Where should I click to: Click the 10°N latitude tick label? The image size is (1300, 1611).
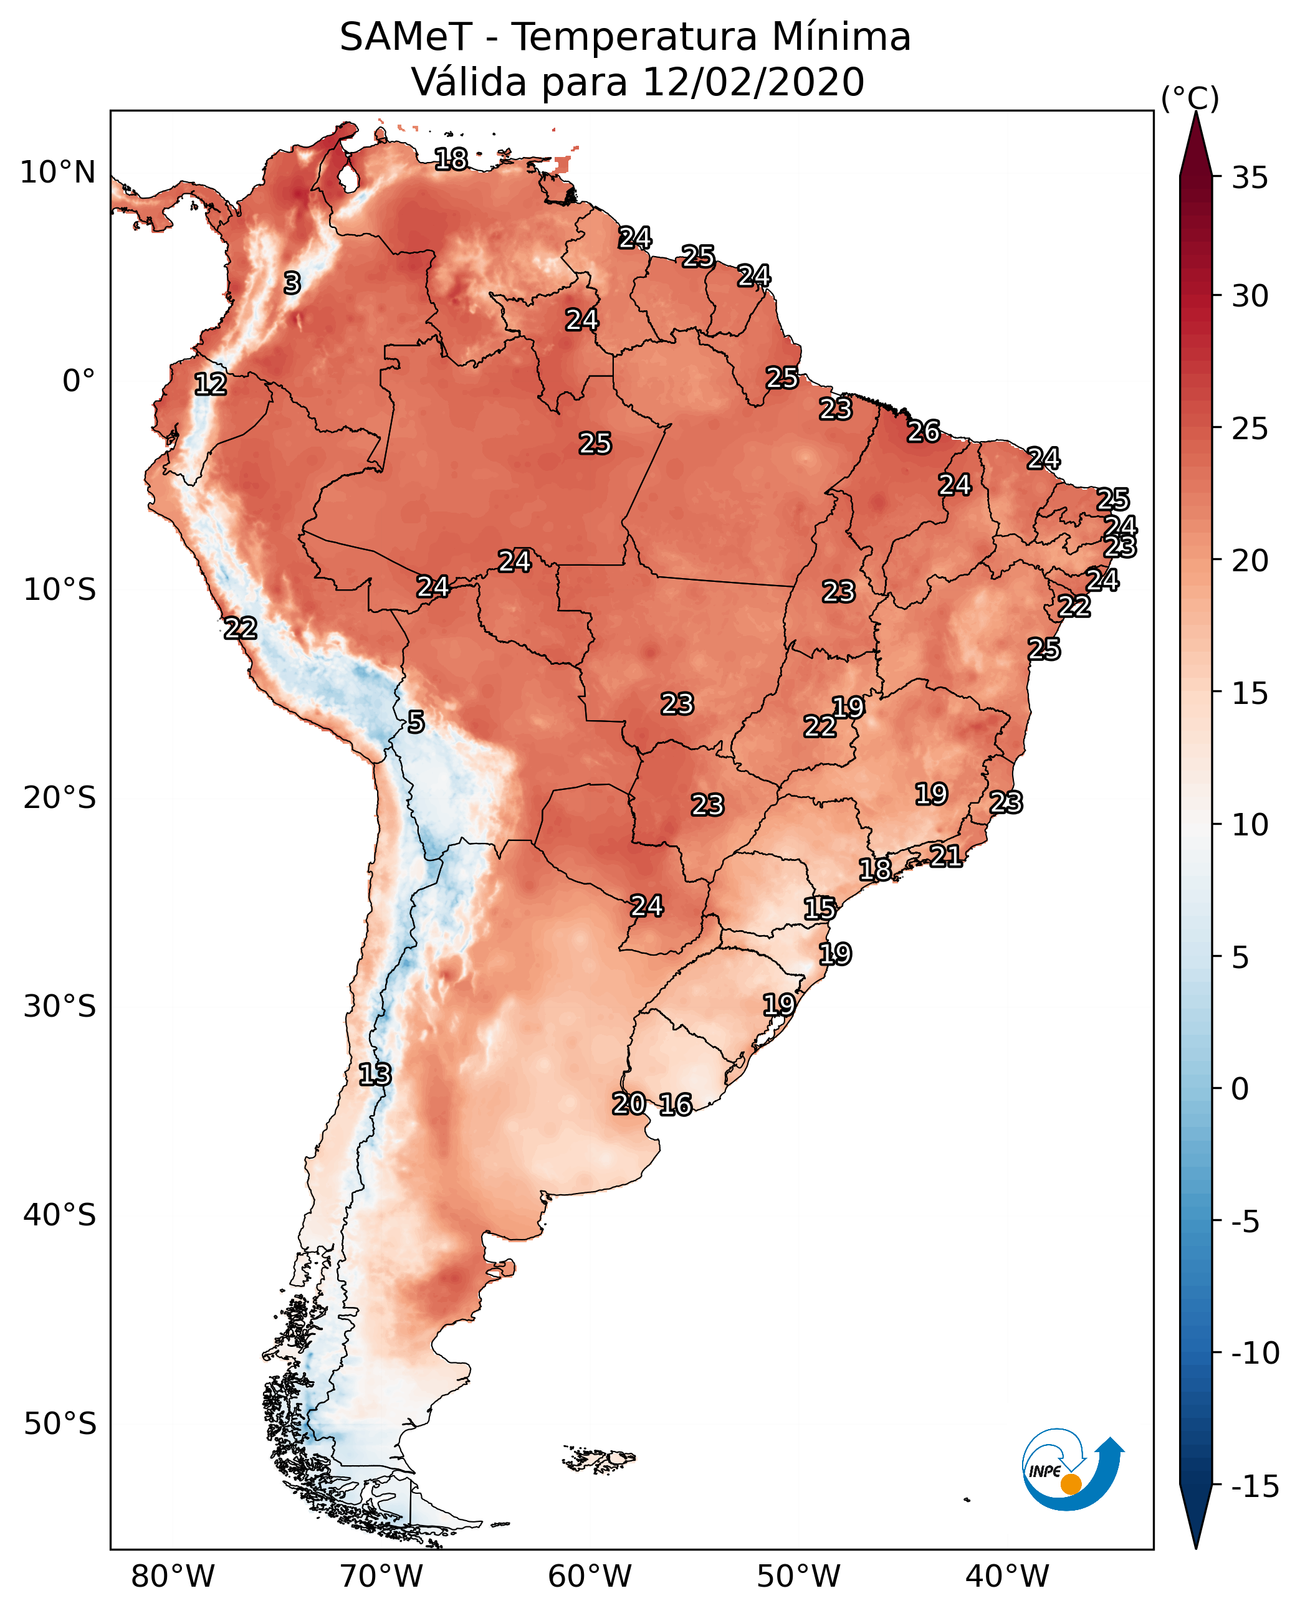(x=58, y=173)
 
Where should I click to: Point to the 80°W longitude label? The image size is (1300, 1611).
(x=173, y=1576)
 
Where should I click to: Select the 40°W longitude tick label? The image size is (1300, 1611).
(x=1007, y=1576)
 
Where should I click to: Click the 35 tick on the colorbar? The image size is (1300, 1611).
(x=1250, y=178)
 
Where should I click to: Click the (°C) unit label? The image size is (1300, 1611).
(x=1190, y=98)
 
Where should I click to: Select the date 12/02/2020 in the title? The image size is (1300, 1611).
(x=753, y=82)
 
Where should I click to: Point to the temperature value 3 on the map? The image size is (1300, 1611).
(x=292, y=283)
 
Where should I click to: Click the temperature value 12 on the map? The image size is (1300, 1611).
(x=211, y=384)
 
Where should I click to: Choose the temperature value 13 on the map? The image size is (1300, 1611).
(x=375, y=1074)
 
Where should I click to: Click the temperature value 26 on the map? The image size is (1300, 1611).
(x=924, y=431)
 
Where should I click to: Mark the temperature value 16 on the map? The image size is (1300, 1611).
(x=676, y=1104)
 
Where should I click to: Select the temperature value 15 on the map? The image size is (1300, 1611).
(x=820, y=908)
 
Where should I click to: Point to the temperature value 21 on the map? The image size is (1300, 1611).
(x=946, y=855)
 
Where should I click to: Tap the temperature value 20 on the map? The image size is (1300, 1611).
(x=629, y=1103)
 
